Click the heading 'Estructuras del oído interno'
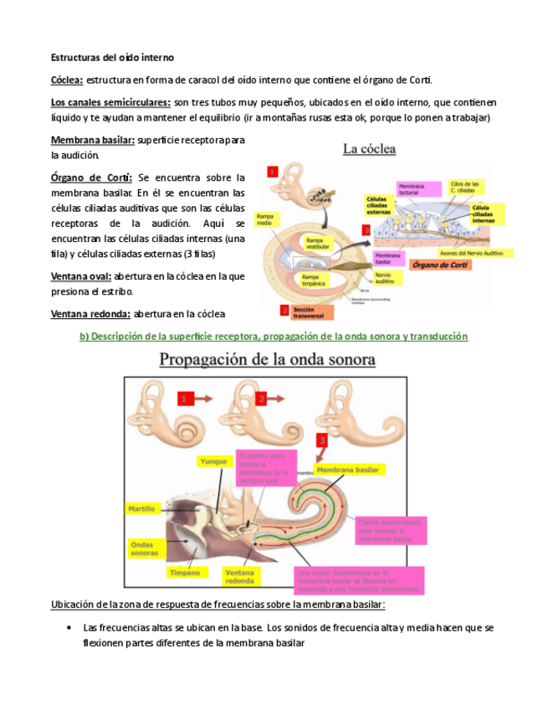112,58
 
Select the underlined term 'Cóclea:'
67,80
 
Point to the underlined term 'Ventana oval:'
81,275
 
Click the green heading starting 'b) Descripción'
273,336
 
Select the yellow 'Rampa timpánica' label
314,280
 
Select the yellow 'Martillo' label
141,508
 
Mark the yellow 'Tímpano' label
185,573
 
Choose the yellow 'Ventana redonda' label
240,577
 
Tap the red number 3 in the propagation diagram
321,440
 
